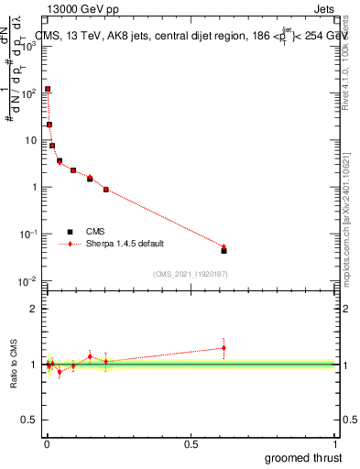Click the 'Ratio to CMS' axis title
click(x=15, y=364)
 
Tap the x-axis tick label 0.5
click(x=191, y=443)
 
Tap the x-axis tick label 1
click(x=335, y=443)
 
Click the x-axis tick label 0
click(x=47, y=443)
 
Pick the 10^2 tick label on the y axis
click(x=28, y=93)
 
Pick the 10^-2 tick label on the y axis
click(x=28, y=281)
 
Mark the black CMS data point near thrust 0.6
click(x=224, y=250)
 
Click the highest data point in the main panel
click(x=48, y=90)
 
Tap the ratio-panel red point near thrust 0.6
click(x=224, y=347)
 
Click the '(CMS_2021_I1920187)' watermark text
click(x=191, y=273)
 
